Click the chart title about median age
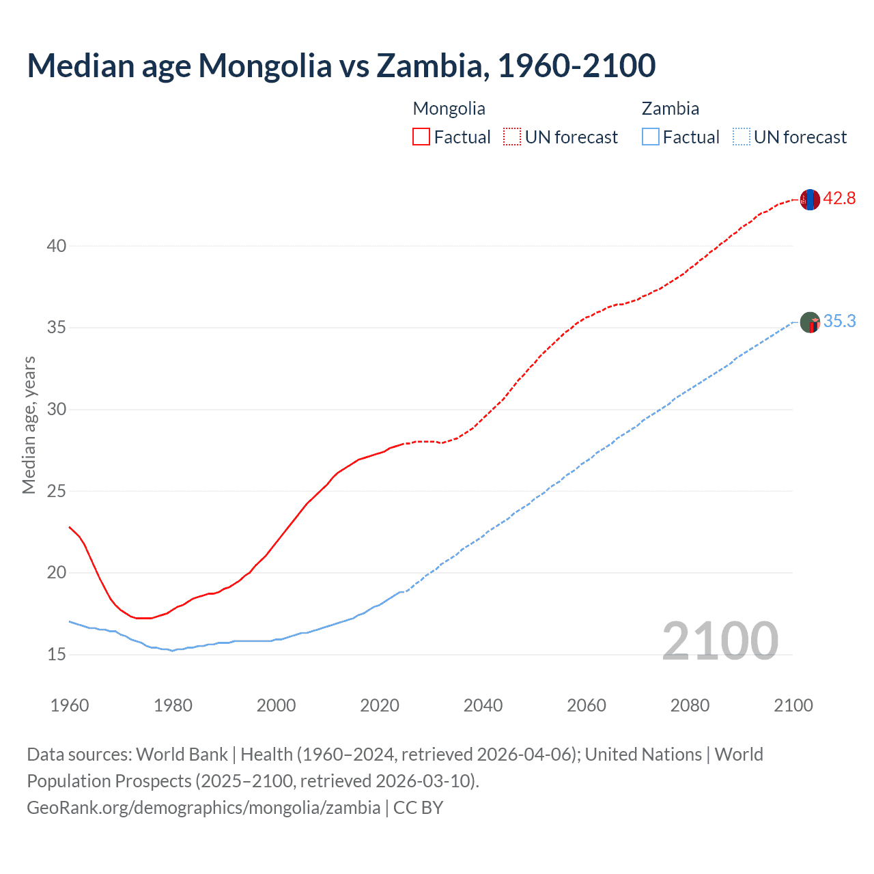point(341,66)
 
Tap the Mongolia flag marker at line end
point(810,199)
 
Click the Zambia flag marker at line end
point(810,322)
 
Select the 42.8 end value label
point(839,199)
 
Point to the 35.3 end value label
point(839,322)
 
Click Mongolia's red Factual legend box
point(421,137)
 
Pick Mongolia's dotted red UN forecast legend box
point(512,137)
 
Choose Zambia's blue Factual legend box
point(650,137)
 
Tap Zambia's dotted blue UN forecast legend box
point(741,137)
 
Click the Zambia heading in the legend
point(670,109)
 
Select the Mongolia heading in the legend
point(449,109)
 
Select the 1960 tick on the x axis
point(70,705)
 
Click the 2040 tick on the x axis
point(483,705)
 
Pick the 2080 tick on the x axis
point(690,705)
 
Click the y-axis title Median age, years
point(29,425)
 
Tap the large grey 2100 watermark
point(720,640)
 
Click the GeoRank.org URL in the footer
point(203,808)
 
